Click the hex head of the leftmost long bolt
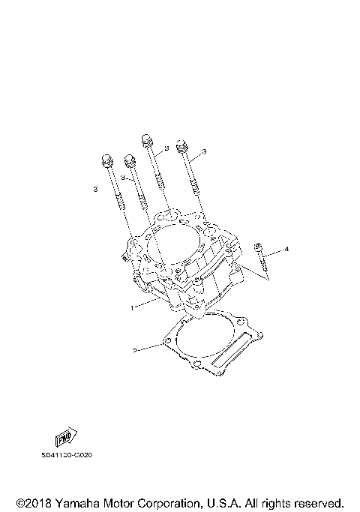pyautogui.click(x=105, y=160)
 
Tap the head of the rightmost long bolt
pyautogui.click(x=181, y=146)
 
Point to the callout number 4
pyautogui.click(x=285, y=248)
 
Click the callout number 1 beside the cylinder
pyautogui.click(x=133, y=307)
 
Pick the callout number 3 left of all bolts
pyautogui.click(x=95, y=190)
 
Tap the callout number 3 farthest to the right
pyautogui.click(x=204, y=152)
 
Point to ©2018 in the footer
pyautogui.click(x=31, y=502)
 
